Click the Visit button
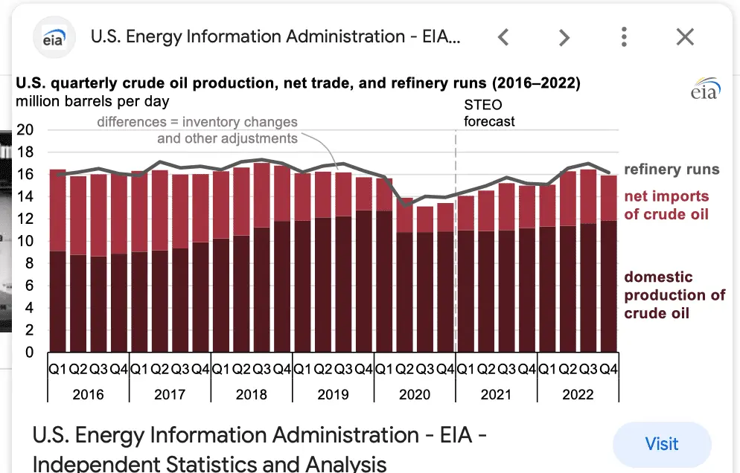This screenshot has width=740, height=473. [661, 444]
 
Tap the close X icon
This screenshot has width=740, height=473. [684, 36]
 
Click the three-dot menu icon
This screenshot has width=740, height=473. [624, 36]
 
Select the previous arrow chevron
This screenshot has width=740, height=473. [504, 36]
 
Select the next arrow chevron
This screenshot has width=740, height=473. [564, 36]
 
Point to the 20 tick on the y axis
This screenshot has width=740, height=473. [25, 129]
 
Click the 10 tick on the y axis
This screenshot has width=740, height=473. [25, 241]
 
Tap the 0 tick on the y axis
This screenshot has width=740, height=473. [30, 353]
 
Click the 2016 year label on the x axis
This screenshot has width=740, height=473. [89, 394]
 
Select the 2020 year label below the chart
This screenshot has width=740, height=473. [415, 394]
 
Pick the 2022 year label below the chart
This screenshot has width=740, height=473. [578, 394]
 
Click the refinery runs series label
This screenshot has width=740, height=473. [672, 170]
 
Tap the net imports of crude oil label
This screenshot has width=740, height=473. [666, 205]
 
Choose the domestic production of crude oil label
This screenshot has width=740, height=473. [674, 295]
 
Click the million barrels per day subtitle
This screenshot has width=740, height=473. [92, 101]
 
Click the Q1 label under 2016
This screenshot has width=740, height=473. [58, 368]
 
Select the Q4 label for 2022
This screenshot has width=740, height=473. [609, 368]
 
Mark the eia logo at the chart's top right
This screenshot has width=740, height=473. [705, 89]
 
